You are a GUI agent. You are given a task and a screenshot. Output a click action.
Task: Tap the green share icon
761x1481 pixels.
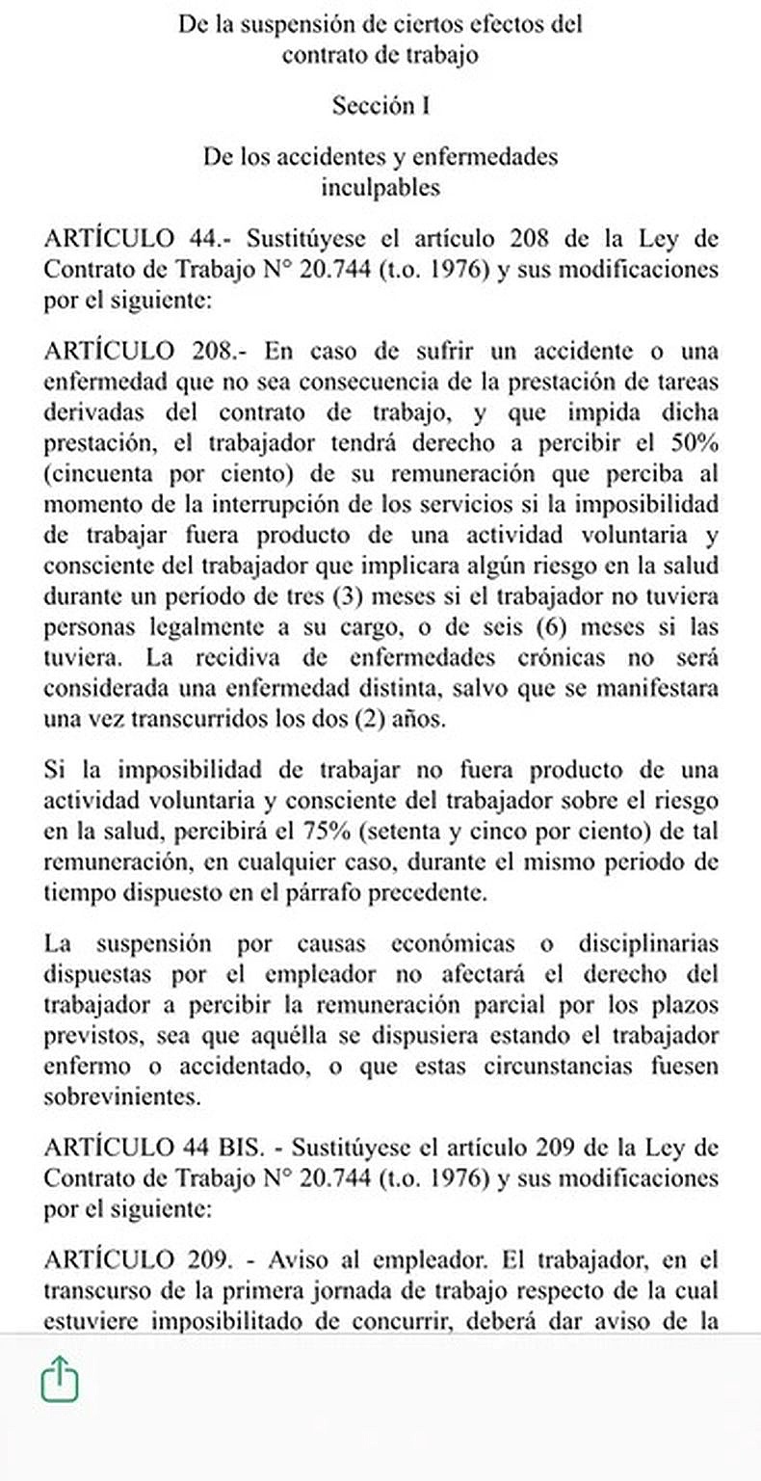60,1379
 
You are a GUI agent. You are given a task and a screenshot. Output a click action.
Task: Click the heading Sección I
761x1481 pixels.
380,106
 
